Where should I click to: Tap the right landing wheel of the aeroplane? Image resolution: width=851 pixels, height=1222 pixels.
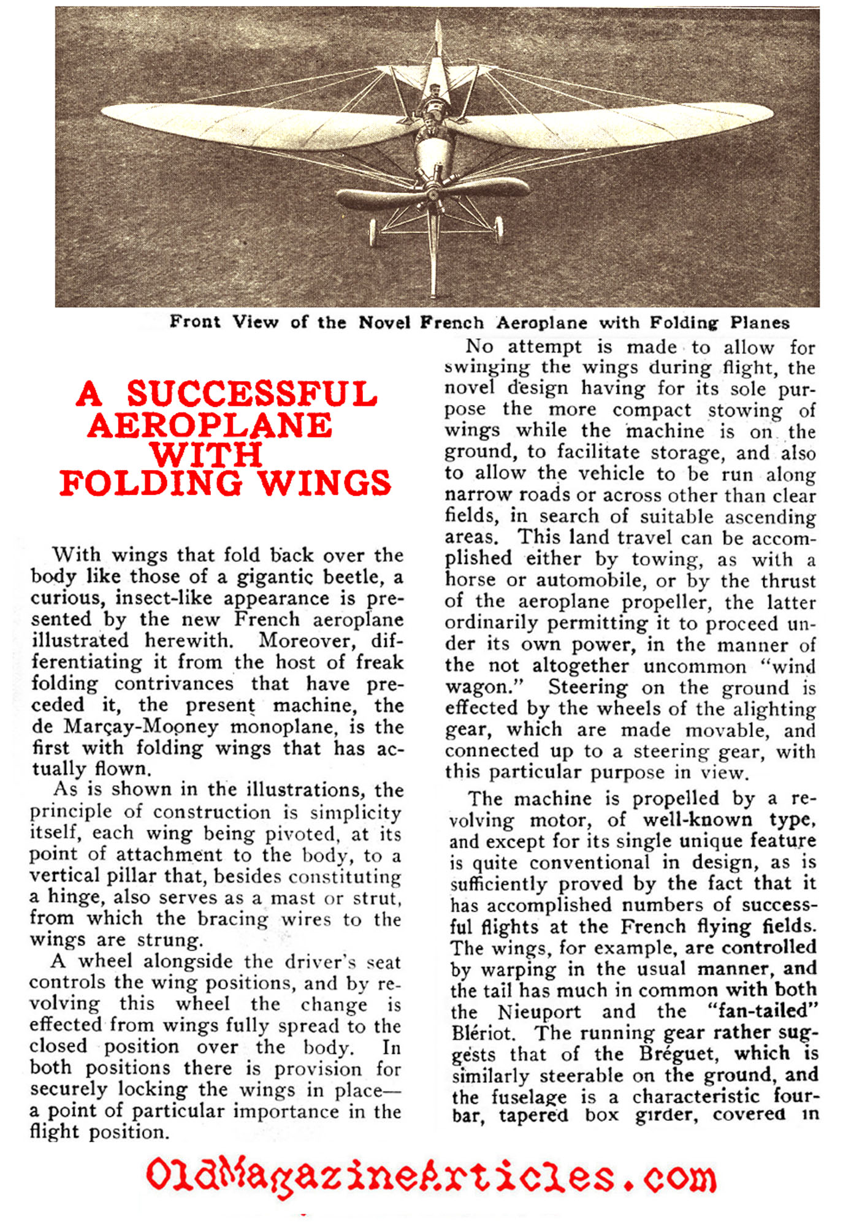[x=499, y=228]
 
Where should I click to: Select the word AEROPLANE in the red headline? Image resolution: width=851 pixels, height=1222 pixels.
[x=210, y=425]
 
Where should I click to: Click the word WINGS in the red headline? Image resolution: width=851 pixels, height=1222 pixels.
[x=324, y=483]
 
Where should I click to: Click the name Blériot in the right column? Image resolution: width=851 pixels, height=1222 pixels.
[x=482, y=1033]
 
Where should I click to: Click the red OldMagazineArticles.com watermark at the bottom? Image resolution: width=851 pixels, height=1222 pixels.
[x=430, y=1175]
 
